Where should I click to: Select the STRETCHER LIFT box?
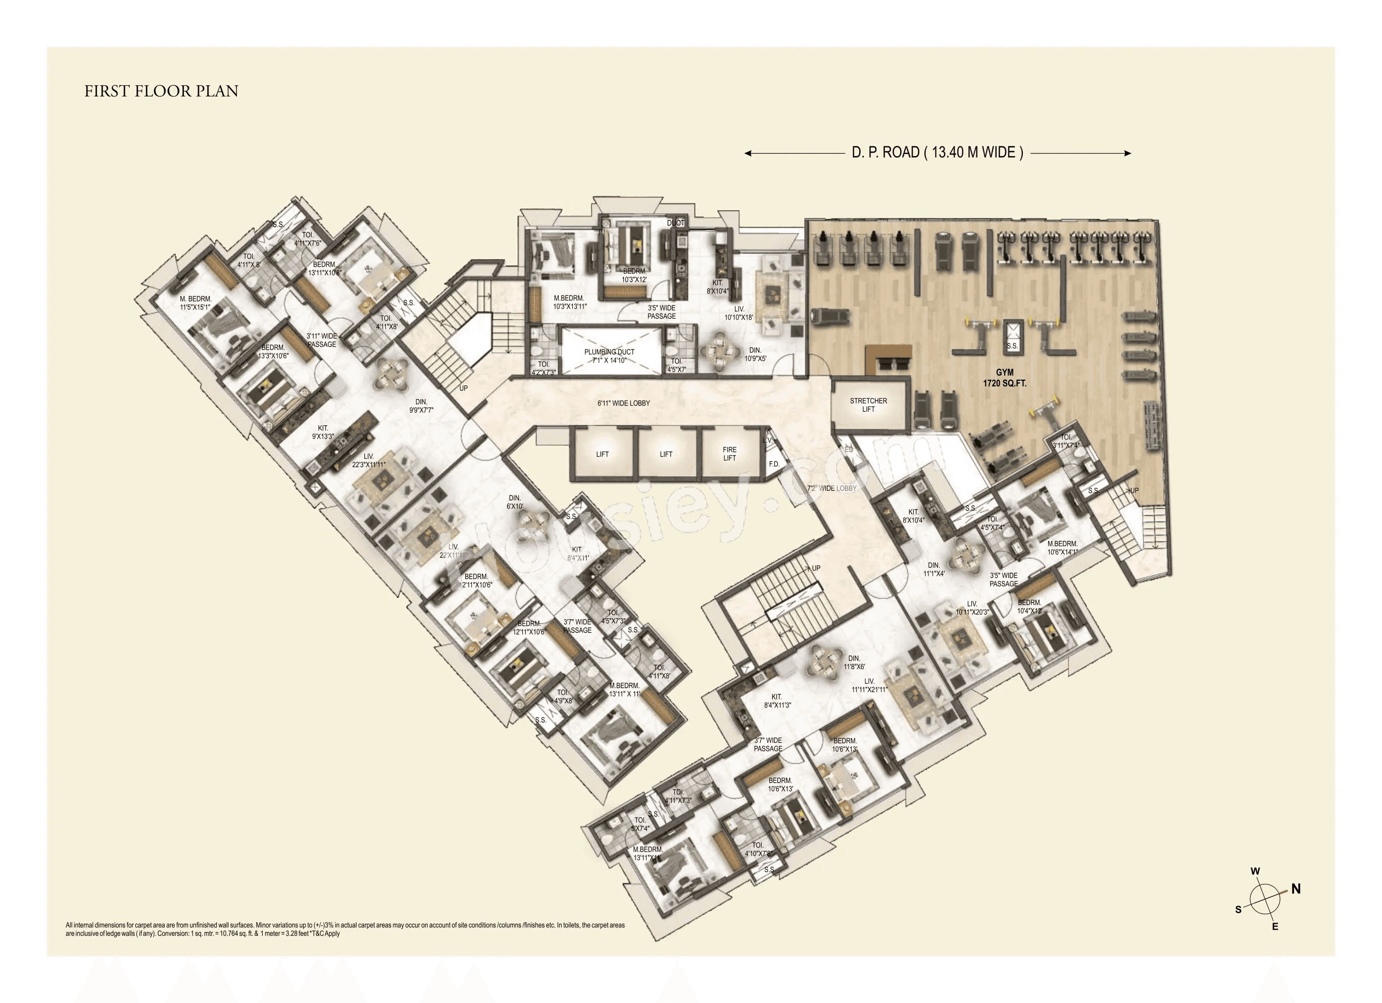[868, 405]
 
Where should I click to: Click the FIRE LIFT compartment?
[729, 454]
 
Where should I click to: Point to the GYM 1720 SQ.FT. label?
[1004, 378]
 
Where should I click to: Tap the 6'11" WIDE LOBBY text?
[623, 404]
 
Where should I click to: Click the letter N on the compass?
[1296, 889]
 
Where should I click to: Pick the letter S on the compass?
[1238, 910]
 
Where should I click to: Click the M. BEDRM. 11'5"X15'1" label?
[195, 304]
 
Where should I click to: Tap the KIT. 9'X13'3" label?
[322, 432]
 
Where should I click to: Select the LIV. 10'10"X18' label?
[738, 313]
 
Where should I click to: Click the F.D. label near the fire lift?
[774, 464]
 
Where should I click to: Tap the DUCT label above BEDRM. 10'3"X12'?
[675, 224]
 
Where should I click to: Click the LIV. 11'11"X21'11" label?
[869, 685]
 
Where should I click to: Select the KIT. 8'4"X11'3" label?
[777, 701]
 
